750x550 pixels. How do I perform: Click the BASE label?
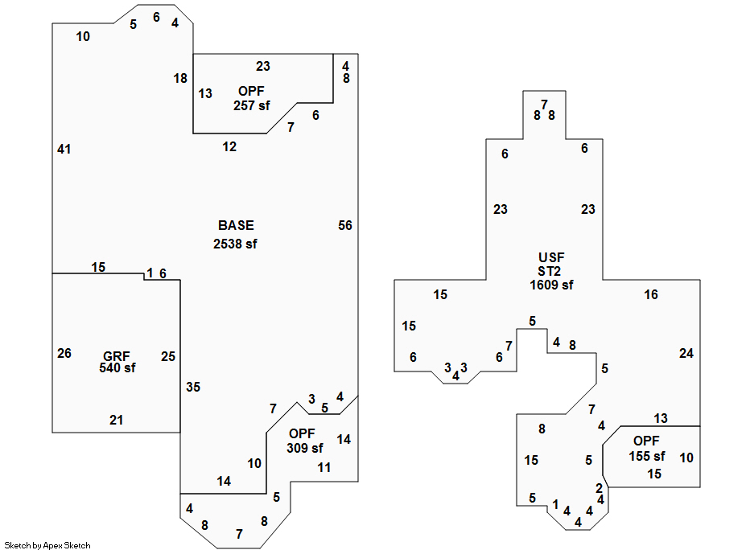tap(236, 225)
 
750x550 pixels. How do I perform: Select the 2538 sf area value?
tap(235, 244)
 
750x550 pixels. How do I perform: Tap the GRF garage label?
tap(116, 356)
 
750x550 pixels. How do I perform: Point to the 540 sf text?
tap(117, 368)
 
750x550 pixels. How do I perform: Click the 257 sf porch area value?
tap(252, 105)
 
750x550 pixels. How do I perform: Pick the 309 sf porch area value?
tap(305, 448)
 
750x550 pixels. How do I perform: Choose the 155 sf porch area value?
tap(647, 456)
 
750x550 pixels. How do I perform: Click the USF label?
tap(550, 257)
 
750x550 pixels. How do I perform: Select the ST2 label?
tap(550, 271)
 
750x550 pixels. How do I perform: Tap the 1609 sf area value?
tap(551, 285)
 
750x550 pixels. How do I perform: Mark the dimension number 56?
tap(345, 225)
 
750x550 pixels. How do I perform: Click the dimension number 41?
tap(64, 149)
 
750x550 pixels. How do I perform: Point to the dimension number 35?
tap(193, 387)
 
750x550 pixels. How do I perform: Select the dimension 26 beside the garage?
tap(64, 353)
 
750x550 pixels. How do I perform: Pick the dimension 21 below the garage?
tap(117, 420)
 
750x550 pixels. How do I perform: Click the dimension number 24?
tap(686, 353)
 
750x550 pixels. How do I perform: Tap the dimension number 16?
tap(651, 294)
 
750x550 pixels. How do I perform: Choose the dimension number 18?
tap(180, 78)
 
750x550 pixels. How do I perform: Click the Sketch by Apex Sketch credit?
tap(47, 545)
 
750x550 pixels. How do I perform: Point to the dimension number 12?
tap(230, 146)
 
